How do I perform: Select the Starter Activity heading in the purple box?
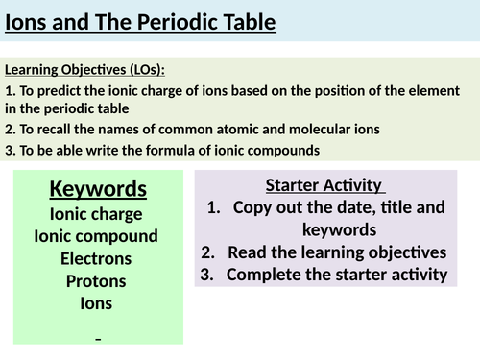(324, 185)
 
